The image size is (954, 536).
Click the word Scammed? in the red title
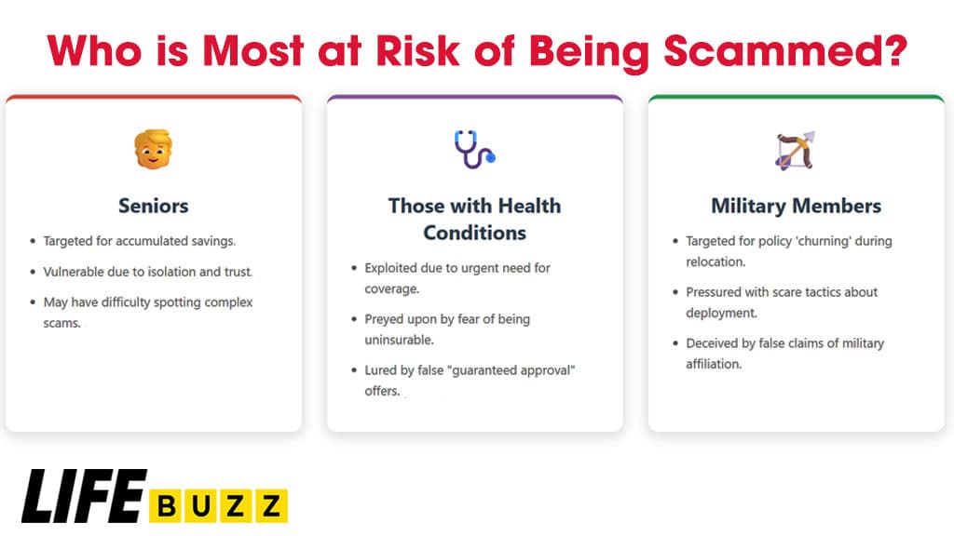click(x=785, y=50)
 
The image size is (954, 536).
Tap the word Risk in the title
click(x=418, y=50)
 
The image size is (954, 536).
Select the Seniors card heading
click(x=154, y=206)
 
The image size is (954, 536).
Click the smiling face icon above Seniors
click(x=154, y=149)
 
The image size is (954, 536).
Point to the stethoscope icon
click(x=474, y=149)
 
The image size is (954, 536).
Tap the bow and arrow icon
click(x=796, y=150)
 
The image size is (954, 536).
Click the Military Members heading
click(x=796, y=206)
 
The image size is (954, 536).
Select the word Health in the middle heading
click(x=529, y=206)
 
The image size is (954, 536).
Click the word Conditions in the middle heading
click(x=474, y=233)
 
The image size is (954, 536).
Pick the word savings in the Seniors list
click(x=213, y=241)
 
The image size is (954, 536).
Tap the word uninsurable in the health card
click(x=399, y=340)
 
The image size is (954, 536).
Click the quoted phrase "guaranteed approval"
click(x=511, y=370)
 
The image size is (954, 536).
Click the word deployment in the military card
click(x=722, y=313)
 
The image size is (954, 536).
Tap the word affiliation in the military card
click(x=714, y=364)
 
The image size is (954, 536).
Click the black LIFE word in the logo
click(x=85, y=496)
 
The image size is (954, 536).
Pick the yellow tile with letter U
click(x=201, y=505)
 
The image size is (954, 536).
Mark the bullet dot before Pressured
click(x=675, y=292)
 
